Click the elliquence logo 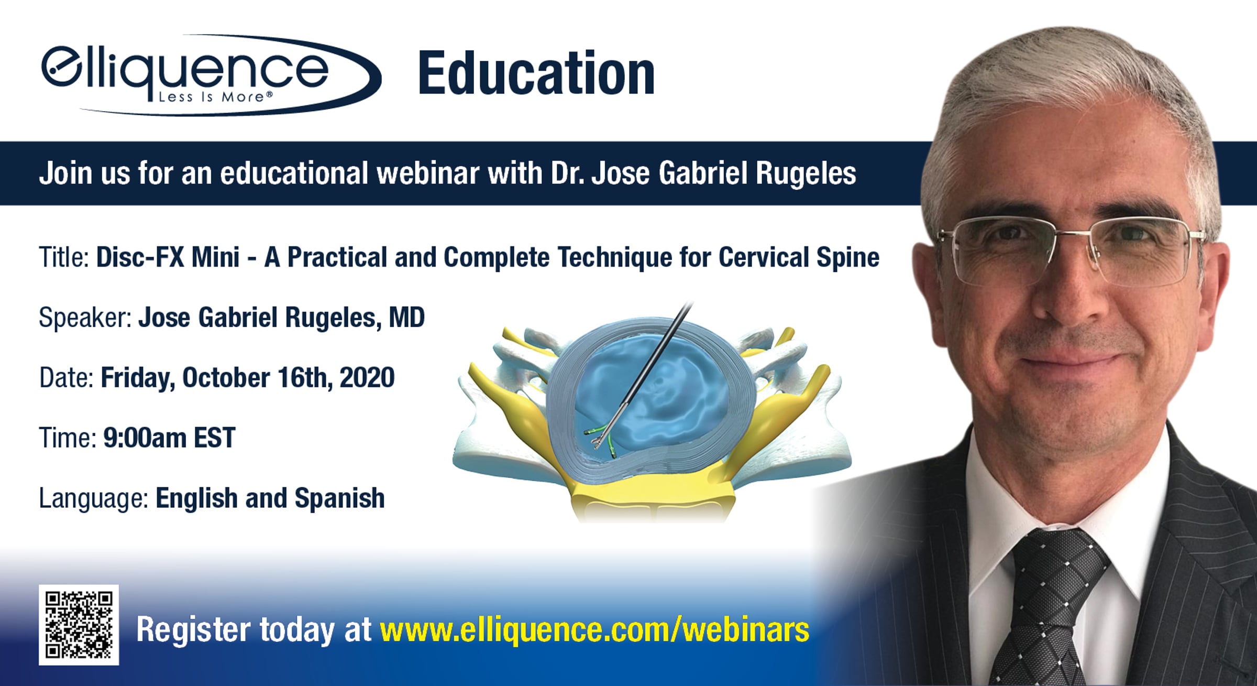(x=211, y=75)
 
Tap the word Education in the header (x=536, y=74)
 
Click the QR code (x=79, y=625)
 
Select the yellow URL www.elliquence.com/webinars (x=595, y=629)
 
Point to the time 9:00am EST (x=169, y=438)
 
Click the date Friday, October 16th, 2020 (x=247, y=378)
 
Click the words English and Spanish (x=270, y=498)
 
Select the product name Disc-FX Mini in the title (x=168, y=257)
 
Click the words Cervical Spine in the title (x=799, y=258)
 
